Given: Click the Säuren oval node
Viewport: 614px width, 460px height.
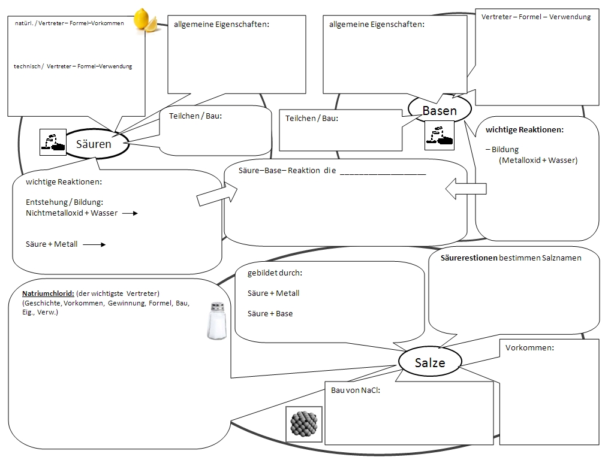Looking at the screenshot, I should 95,144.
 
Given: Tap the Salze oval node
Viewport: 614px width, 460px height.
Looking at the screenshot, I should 430,362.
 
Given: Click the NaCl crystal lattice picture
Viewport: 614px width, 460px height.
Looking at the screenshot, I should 303,424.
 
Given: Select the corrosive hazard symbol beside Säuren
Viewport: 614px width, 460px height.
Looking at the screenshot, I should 52,142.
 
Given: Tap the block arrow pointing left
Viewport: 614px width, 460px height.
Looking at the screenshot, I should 465,189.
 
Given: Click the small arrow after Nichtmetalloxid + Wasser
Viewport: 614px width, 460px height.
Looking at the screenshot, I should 130,213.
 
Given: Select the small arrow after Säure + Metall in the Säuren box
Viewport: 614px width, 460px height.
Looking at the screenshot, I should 94,244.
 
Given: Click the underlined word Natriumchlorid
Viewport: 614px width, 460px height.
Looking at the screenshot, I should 48,293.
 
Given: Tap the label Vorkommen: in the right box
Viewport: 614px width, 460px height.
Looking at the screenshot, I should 529,347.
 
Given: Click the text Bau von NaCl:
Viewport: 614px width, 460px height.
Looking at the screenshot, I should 356,391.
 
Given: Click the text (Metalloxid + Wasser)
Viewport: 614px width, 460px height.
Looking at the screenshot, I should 537,160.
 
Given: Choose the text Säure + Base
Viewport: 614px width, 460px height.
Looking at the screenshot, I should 270,313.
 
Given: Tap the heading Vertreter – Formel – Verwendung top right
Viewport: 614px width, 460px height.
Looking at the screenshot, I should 535,17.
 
